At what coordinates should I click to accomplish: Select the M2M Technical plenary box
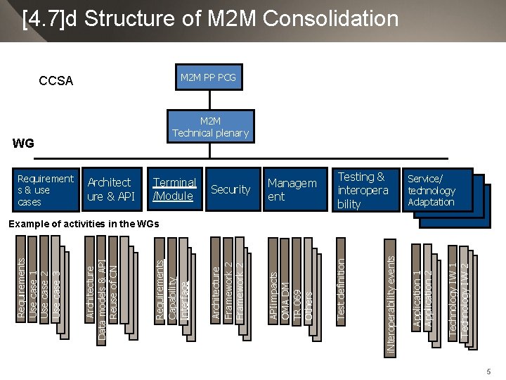210,127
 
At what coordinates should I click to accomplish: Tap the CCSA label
56,81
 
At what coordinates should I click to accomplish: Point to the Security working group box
230,189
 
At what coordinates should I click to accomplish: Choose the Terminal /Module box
174,189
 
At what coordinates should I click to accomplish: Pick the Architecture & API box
110,189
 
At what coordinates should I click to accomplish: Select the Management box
292,189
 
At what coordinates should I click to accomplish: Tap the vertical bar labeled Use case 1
33,281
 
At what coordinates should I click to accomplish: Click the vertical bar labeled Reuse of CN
114,281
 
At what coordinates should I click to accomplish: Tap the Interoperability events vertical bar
391,303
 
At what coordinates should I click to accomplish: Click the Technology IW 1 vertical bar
453,296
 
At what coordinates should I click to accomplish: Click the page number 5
488,371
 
